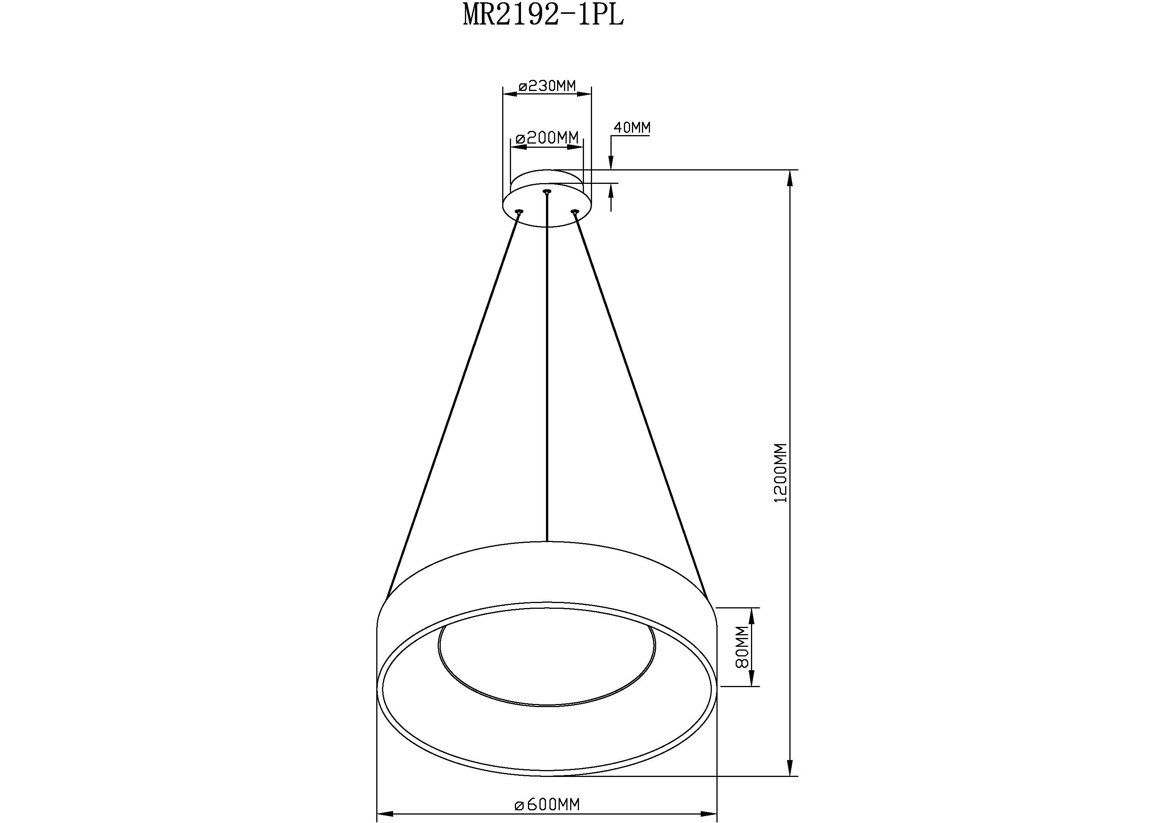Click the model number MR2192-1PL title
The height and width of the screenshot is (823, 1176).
[x=543, y=15]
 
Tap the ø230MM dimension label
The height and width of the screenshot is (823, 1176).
[x=547, y=86]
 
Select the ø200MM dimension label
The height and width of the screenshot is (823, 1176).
[x=547, y=138]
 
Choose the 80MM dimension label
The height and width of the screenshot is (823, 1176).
[x=742, y=647]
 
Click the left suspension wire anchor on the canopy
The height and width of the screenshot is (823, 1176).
[x=519, y=211]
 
